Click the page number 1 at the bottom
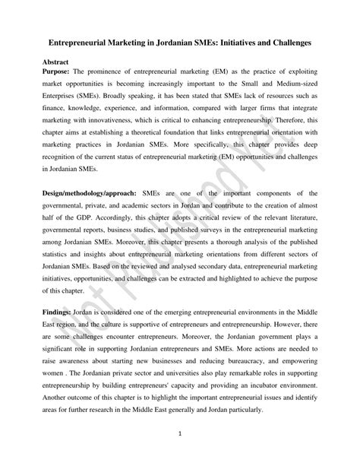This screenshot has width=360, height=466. click(179, 434)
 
